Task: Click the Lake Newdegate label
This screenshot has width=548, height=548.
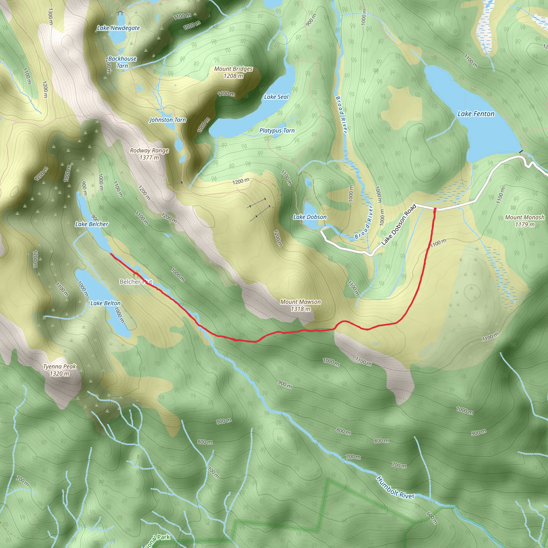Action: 118,28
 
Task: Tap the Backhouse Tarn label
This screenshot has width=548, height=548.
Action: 122,62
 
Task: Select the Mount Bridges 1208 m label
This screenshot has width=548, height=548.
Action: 233,72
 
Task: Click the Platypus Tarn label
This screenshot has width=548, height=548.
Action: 277,131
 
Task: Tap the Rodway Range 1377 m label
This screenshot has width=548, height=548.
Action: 149,154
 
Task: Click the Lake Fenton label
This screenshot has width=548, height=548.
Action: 476,114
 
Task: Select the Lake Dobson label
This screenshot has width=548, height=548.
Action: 310,217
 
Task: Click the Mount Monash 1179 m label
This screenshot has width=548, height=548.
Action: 525,221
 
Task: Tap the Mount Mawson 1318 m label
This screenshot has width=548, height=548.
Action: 300,305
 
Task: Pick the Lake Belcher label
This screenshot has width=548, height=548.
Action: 92,224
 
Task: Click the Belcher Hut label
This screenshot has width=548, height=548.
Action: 136,282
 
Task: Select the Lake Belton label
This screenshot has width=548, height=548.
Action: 105,303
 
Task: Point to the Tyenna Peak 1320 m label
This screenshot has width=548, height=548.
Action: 60,370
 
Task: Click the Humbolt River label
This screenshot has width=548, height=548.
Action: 395,487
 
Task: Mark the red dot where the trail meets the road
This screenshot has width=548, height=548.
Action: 435,209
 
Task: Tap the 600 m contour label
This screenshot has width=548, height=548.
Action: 432,518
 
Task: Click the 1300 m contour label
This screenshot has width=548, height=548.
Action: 50,16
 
